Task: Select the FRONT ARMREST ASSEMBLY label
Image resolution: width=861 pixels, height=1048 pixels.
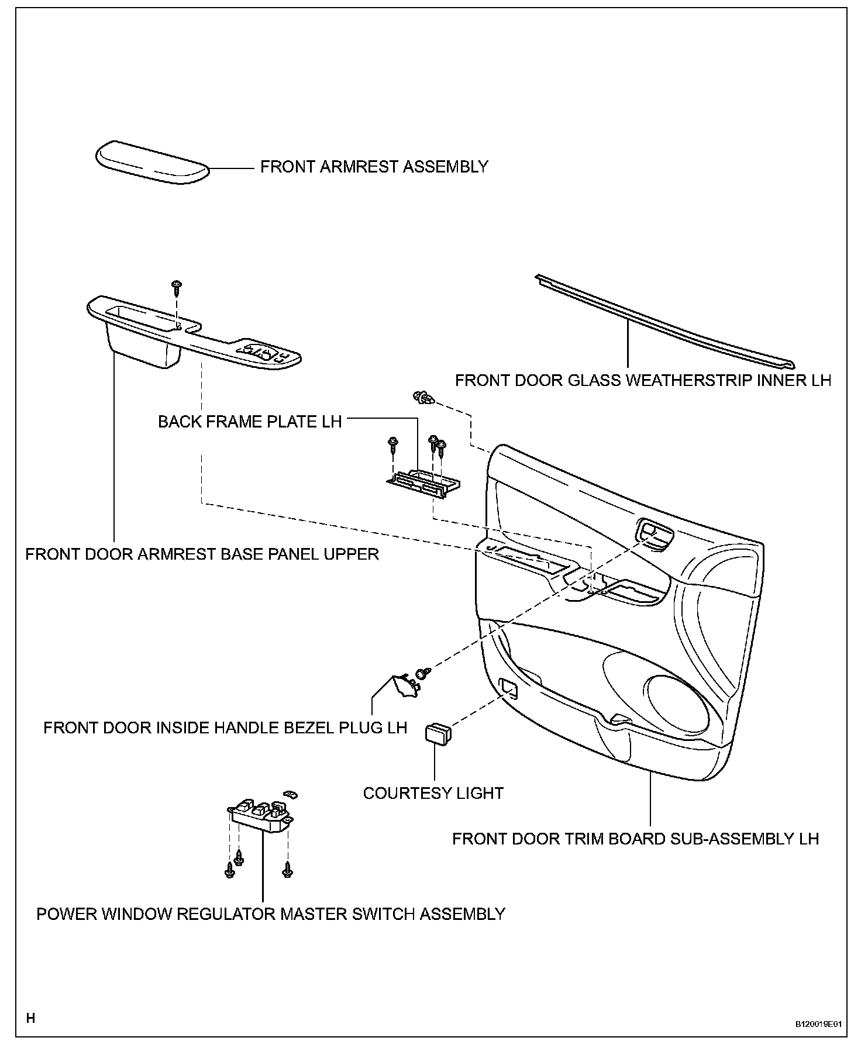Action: pyautogui.click(x=374, y=167)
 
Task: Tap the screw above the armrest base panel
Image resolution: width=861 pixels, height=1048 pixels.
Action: pyautogui.click(x=176, y=287)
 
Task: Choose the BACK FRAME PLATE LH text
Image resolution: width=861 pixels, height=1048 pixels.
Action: pyautogui.click(x=250, y=422)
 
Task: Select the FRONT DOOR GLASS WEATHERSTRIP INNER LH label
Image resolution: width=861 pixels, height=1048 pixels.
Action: pyautogui.click(x=643, y=380)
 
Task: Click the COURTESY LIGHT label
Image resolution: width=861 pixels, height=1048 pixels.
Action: pyautogui.click(x=433, y=793)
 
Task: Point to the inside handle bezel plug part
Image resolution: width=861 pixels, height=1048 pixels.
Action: pyautogui.click(x=404, y=685)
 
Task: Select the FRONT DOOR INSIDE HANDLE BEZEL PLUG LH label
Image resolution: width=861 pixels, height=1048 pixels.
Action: pyautogui.click(x=225, y=728)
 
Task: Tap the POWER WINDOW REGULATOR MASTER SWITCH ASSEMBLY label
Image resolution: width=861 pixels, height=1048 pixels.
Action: pyautogui.click(x=271, y=913)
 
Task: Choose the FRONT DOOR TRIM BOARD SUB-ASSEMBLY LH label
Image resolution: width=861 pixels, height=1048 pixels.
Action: pyautogui.click(x=635, y=839)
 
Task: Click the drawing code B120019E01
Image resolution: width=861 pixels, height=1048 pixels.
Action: pyautogui.click(x=818, y=1025)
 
